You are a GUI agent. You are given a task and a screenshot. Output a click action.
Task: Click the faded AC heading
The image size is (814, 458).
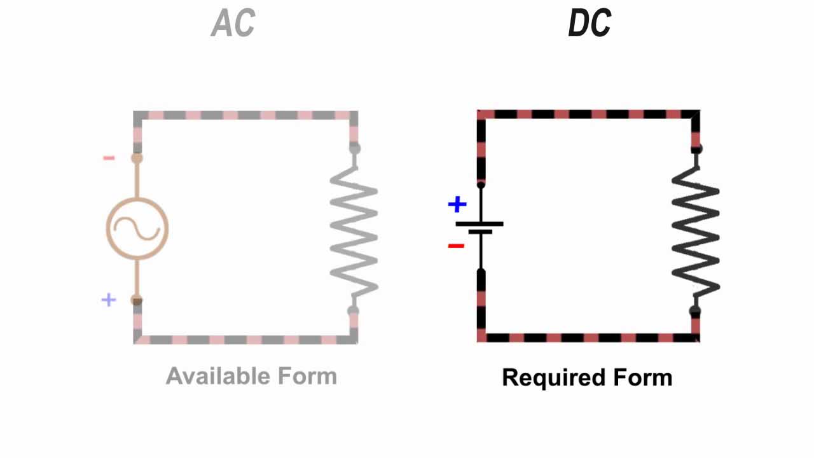point(233,24)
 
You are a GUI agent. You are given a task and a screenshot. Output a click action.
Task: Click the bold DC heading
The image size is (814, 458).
point(589,24)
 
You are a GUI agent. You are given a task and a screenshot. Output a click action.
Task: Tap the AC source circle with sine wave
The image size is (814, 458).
point(137,228)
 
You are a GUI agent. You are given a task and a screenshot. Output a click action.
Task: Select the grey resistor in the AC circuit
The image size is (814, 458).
point(354,232)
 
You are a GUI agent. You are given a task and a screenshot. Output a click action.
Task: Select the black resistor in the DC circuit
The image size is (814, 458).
point(696,232)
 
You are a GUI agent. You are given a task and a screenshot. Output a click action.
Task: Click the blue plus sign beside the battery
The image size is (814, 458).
point(457,204)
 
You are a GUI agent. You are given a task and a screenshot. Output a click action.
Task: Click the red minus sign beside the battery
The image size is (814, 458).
point(456,246)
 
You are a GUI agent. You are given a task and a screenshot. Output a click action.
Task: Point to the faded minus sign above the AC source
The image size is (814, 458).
point(109,158)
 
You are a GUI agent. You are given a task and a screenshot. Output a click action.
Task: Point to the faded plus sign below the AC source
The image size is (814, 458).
point(109,300)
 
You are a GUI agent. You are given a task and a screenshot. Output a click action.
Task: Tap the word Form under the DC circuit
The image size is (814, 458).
point(643,377)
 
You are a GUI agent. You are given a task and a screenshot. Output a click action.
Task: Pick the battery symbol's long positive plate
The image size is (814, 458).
point(479,224)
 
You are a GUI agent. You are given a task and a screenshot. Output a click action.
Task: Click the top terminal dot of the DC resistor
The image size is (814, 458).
point(696,149)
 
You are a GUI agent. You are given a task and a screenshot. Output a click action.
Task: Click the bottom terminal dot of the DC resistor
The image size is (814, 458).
point(695,312)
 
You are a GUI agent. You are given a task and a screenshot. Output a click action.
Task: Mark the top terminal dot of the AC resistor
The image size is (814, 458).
point(354,149)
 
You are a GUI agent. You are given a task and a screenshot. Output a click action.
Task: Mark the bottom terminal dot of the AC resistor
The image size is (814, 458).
point(353,311)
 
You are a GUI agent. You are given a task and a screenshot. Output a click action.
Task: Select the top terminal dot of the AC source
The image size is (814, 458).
point(137,158)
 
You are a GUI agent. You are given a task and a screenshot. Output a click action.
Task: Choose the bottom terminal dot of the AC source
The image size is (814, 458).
point(137,300)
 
